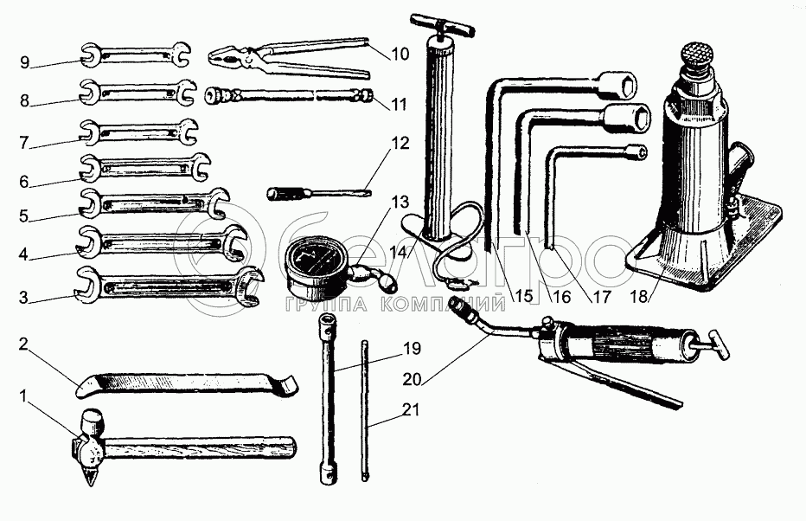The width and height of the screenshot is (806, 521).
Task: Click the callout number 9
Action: click(x=25, y=63)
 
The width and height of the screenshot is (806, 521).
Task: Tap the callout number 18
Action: click(x=639, y=297)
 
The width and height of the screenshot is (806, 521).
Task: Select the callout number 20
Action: click(x=413, y=380)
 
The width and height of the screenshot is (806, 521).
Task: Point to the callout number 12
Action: click(x=400, y=144)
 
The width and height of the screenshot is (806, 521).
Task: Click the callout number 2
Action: click(x=23, y=344)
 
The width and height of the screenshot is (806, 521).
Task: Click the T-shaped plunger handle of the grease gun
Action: click(x=716, y=344)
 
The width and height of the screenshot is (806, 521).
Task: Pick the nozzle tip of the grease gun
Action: click(x=457, y=305)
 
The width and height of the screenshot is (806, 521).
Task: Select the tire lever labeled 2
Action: click(x=188, y=383)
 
